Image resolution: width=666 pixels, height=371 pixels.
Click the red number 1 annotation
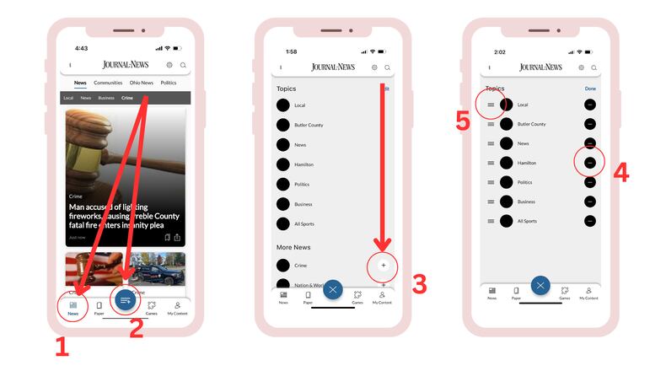coord(62,346)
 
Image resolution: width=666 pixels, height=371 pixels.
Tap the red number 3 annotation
coord(419,282)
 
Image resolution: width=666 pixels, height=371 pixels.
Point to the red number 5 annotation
coord(462,121)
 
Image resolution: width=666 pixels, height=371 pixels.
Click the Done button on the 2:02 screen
coord(590,88)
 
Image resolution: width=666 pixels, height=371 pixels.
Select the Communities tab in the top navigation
coord(108,83)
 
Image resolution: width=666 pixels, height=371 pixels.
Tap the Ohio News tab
coord(141,83)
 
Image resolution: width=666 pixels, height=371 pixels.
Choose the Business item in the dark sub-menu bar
coord(106,98)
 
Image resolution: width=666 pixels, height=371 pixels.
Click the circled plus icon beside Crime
coord(384,265)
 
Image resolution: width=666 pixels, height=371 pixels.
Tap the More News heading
coord(293,247)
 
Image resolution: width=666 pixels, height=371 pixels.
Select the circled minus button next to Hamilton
coord(590,162)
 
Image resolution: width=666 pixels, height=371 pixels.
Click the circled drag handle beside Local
coord(491,105)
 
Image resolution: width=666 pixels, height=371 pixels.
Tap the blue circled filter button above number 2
coord(125,300)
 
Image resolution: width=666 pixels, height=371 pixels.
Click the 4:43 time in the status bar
coord(81,49)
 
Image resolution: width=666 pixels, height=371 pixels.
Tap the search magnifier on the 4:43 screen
coord(183,65)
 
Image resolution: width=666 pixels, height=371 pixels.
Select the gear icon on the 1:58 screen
coord(374,67)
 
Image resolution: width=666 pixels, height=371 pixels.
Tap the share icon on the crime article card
coord(178,237)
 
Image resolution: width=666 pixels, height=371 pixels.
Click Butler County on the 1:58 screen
coord(309,125)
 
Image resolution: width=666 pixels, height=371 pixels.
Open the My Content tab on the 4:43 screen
coord(178,308)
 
